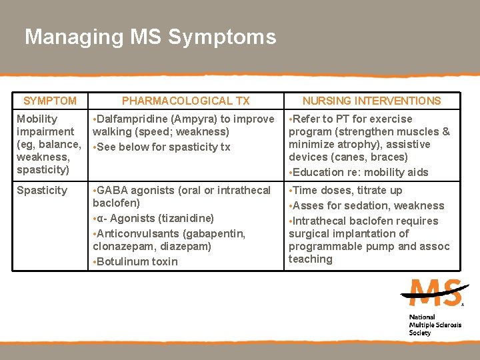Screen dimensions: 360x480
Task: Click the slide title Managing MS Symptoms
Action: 150,37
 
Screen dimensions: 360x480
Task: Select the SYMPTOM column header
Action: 50,101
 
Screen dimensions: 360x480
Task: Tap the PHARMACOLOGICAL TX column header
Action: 185,101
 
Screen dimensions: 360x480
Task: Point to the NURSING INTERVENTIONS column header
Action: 371,101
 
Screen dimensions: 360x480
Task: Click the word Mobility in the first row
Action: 37,119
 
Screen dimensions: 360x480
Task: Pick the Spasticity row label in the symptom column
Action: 42,191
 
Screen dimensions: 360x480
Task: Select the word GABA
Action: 111,191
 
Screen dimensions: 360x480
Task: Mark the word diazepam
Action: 187,247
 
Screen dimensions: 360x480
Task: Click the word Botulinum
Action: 123,261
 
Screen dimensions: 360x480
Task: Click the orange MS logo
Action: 435,293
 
